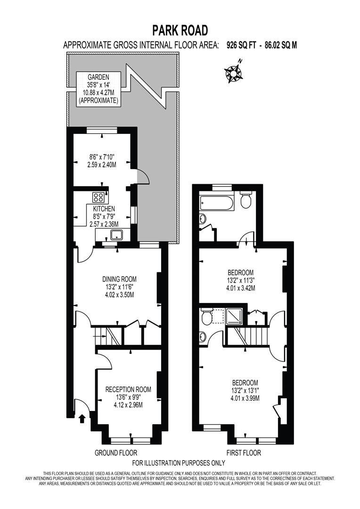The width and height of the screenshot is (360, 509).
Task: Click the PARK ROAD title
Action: coord(180,31)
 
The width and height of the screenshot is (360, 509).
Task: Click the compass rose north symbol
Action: coord(233,73)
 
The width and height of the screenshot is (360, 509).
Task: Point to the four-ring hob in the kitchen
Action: coord(98,197)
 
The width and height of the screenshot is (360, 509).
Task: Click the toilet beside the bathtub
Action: coord(245,201)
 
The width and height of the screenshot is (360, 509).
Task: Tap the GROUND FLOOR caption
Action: coord(116,453)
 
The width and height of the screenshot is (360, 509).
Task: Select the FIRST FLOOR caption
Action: coord(243,453)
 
